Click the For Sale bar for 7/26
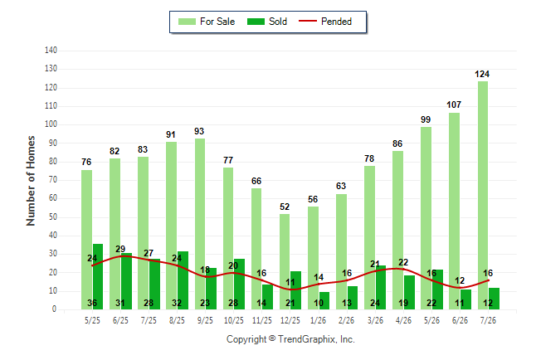(x=483, y=195)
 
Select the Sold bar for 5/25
(x=98, y=276)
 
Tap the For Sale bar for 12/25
(x=285, y=261)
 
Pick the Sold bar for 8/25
(x=183, y=280)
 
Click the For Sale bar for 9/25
(x=200, y=224)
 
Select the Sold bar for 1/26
(x=324, y=300)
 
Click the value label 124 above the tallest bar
(x=482, y=74)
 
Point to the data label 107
(x=454, y=105)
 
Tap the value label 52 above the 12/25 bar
(x=285, y=207)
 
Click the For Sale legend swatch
(x=187, y=22)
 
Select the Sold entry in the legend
(x=267, y=22)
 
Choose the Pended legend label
(x=336, y=22)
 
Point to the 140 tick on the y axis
(x=51, y=51)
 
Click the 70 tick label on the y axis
(x=52, y=179)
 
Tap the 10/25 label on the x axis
(x=234, y=320)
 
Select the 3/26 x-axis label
(x=375, y=320)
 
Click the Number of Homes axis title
(x=31, y=181)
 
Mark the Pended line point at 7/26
(x=488, y=280)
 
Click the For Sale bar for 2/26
(x=341, y=251)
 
